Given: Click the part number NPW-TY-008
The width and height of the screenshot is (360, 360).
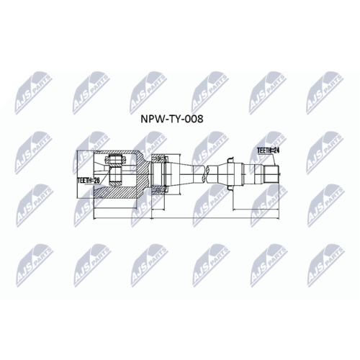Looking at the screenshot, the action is click(x=172, y=119).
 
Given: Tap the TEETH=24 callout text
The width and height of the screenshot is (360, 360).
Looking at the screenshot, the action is click(x=269, y=150).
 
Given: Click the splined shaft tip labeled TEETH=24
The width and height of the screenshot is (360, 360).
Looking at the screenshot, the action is click(x=271, y=174).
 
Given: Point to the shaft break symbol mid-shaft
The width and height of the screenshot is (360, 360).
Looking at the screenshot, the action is click(x=205, y=174).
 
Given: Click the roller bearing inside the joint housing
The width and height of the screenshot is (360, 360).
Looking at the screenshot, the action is click(x=115, y=171).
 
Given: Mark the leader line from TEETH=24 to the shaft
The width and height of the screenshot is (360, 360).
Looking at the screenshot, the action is click(x=274, y=160).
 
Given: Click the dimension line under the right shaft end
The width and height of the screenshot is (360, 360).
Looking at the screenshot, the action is click(x=256, y=210).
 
